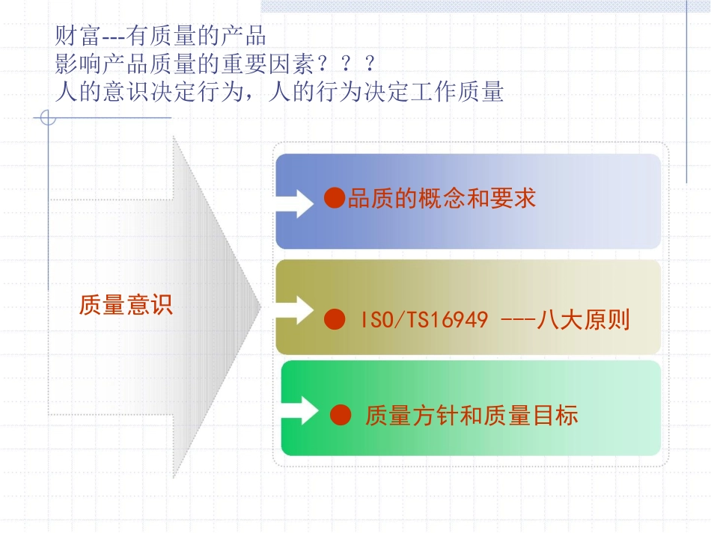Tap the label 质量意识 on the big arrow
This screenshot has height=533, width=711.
(126, 305)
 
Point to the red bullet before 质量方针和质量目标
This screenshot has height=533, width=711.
(341, 414)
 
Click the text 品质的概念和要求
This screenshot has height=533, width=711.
(442, 199)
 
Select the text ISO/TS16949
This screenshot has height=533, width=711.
(424, 321)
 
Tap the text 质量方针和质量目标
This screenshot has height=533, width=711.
(472, 415)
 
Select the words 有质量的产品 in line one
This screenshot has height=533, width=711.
(198, 36)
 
